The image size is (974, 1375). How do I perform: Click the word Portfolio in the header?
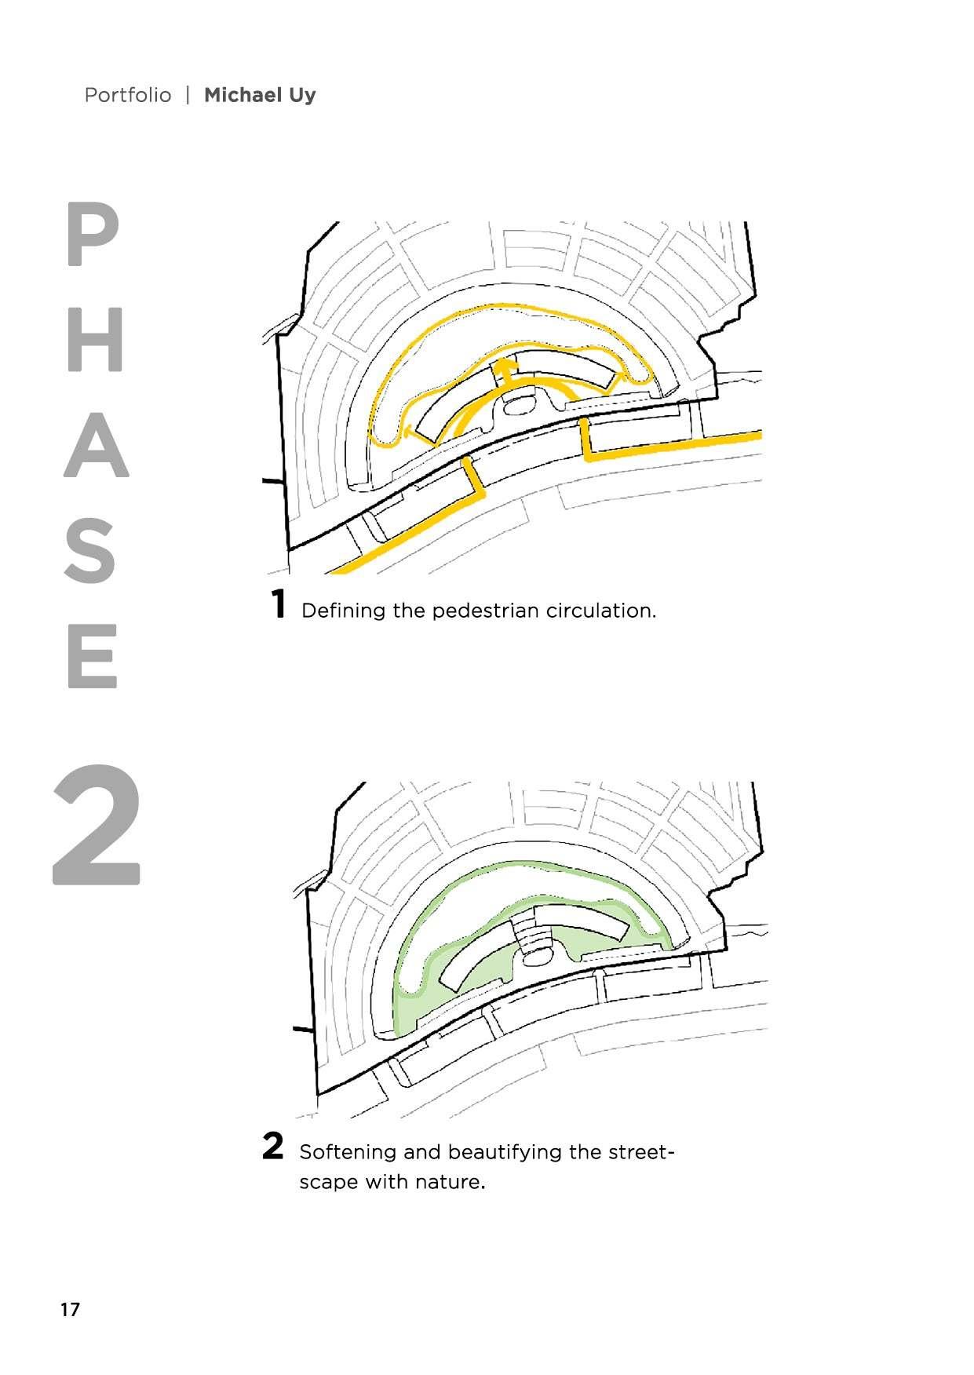[x=127, y=95]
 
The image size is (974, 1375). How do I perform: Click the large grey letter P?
[x=93, y=234]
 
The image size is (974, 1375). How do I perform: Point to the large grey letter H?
[x=95, y=339]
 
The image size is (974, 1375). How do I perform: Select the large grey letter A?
[x=96, y=445]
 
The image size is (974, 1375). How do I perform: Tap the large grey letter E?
[x=93, y=656]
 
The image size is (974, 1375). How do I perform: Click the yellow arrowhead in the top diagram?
[x=506, y=367]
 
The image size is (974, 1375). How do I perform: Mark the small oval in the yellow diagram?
[x=517, y=405]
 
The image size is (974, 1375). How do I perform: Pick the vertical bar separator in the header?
[x=188, y=95]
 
